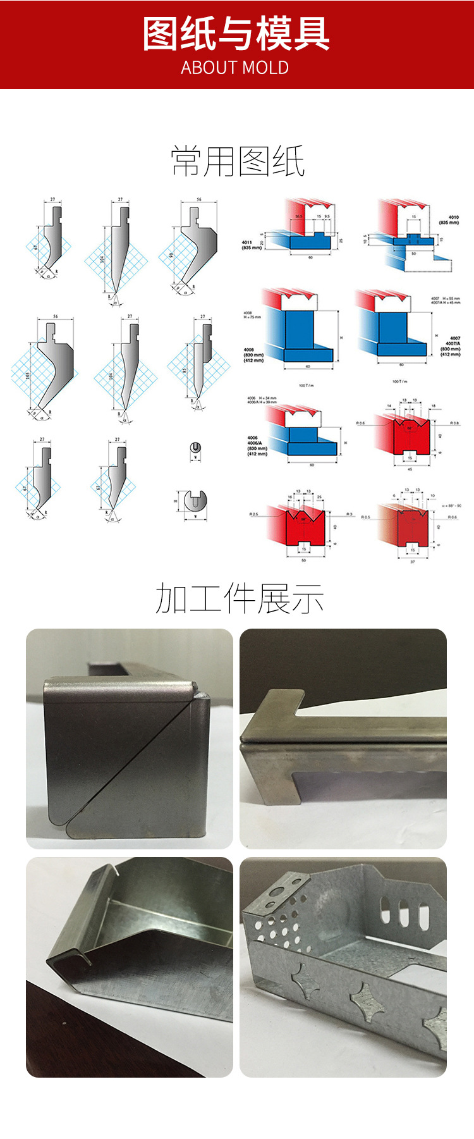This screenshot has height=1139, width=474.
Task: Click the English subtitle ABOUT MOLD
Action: [235, 68]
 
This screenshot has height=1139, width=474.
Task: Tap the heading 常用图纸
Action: [238, 161]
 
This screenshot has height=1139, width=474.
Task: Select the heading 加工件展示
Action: [239, 599]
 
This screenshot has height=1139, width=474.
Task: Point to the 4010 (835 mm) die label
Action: [449, 219]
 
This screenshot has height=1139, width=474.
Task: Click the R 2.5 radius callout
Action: [254, 514]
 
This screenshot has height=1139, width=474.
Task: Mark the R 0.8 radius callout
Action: [454, 422]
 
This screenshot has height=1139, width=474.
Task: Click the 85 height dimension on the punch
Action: [185, 371]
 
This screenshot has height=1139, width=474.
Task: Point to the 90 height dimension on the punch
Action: [171, 256]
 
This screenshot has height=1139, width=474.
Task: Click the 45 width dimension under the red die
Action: [410, 469]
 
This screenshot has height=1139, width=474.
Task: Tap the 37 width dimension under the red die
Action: [413, 561]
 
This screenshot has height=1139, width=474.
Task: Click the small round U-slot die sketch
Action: [195, 448]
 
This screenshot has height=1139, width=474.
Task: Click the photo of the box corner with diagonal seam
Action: [130, 739]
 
